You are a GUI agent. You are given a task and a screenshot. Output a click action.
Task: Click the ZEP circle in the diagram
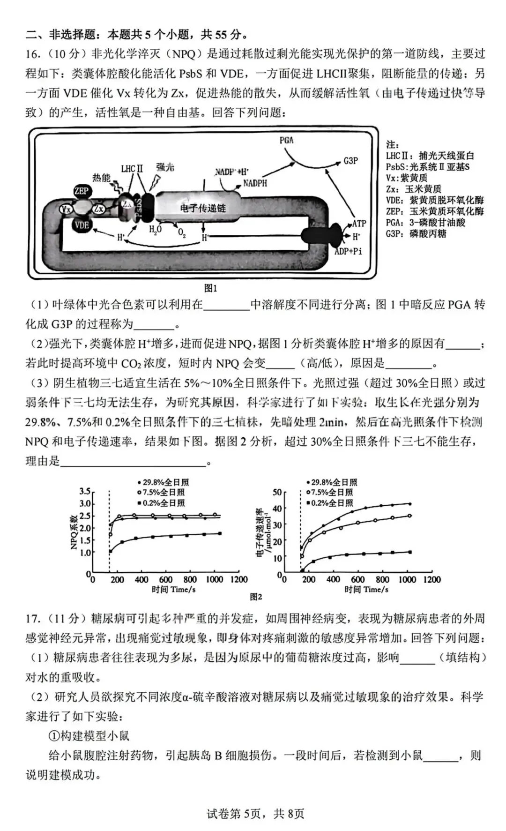coord(82,191)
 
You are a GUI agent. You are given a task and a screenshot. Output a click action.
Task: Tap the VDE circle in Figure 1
coord(82,225)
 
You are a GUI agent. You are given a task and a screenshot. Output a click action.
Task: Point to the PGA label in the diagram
coord(286,140)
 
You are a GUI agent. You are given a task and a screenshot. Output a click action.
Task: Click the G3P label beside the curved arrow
coord(350,160)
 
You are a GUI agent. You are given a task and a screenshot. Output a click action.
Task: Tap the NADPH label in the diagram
coord(255,183)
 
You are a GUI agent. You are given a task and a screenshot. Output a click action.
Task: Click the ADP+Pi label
coord(348,251)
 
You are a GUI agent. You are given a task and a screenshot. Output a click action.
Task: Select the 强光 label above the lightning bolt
coord(165,167)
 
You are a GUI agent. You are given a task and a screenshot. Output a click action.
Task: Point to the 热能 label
coord(101,178)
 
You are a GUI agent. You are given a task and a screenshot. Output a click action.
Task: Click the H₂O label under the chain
coord(155,230)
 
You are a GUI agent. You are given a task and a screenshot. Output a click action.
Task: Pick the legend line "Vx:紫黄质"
coord(407,178)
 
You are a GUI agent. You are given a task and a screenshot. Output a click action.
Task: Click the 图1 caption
coord(210,288)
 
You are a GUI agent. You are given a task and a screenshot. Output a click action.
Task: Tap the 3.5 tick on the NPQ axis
coord(85,491)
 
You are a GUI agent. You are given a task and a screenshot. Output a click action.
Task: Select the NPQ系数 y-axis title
coord(74,532)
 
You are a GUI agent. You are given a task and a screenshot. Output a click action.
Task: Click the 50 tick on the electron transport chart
coord(277,492)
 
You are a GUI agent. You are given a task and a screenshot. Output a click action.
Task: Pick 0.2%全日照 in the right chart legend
coord(332,503)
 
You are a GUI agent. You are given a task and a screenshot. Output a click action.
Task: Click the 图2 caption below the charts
coord(256,597)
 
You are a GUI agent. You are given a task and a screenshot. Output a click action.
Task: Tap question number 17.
coord(33,619)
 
